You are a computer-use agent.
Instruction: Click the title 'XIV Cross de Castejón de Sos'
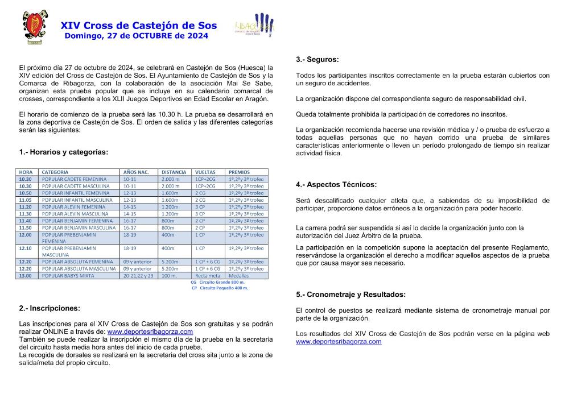(x=139, y=26)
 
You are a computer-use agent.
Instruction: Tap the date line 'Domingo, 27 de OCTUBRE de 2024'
(x=137, y=36)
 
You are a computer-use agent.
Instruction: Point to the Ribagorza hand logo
(x=255, y=27)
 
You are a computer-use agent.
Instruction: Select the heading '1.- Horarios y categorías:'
(x=63, y=152)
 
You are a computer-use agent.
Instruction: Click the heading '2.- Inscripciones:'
(x=50, y=308)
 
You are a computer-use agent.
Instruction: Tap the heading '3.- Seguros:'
(x=317, y=60)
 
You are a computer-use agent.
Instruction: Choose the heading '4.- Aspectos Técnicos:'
(x=336, y=185)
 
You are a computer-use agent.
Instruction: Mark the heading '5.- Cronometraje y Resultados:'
(x=351, y=295)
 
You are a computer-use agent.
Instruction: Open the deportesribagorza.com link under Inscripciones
(x=150, y=331)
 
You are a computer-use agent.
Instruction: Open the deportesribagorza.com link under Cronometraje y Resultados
(x=339, y=342)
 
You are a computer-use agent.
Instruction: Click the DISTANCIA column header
(x=174, y=172)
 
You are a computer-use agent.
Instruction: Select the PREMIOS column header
(x=239, y=172)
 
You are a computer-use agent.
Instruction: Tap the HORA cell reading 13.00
(x=26, y=276)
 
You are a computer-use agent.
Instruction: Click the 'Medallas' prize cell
(x=239, y=276)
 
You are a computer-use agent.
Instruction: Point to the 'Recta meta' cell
(x=207, y=276)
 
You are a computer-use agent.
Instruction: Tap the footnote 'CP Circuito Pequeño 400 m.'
(x=220, y=288)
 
